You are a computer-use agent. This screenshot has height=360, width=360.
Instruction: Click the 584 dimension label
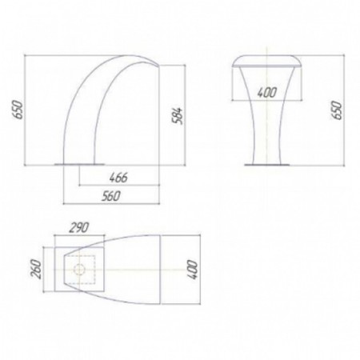click(x=178, y=115)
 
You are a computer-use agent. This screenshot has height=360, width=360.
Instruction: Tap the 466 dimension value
click(x=118, y=178)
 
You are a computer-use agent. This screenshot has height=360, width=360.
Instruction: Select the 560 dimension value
click(x=111, y=196)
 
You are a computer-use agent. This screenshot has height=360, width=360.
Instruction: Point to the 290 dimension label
click(x=78, y=227)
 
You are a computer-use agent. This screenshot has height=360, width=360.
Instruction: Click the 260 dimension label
click(x=37, y=269)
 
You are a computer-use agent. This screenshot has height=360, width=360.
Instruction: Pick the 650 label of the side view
click(x=18, y=110)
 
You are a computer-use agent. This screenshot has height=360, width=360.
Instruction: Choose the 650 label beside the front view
click(x=337, y=110)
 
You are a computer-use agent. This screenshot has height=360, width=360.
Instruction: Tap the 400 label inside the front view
click(x=267, y=93)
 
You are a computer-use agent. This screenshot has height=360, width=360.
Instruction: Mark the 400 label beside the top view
click(x=194, y=270)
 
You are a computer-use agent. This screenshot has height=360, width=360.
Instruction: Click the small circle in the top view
click(x=79, y=270)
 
